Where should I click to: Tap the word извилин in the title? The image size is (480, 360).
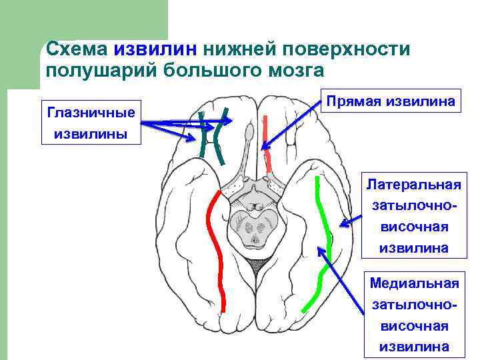tap(155, 49)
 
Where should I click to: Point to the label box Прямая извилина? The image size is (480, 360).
tap(391, 101)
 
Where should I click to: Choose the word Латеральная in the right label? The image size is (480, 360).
tap(414, 183)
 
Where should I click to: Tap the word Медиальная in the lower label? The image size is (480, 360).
tap(414, 283)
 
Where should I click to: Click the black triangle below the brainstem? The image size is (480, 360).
tap(253, 267)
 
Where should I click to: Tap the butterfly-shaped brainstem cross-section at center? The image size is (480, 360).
tap(253, 227)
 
